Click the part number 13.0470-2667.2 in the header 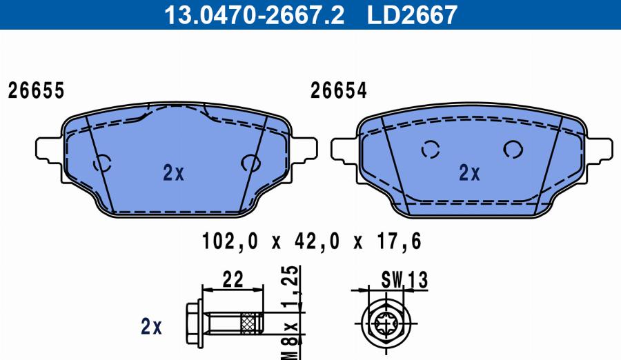pos(254,14)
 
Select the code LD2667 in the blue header pos(413,14)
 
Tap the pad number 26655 pos(36,91)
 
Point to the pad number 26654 pos(339,91)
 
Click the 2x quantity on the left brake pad pos(173,172)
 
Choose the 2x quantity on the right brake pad pos(469,172)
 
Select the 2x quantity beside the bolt pos(151,327)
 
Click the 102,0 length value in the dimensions pos(230,241)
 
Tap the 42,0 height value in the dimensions pos(317,241)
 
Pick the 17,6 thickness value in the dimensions pos(400,241)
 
